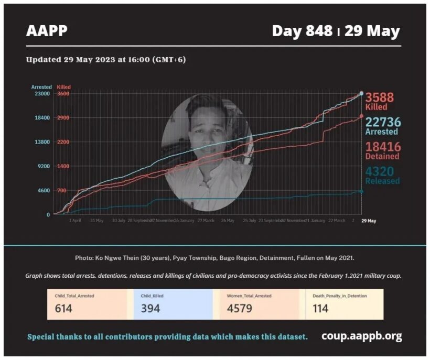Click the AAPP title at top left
47,31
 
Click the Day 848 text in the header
302,31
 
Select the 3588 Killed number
380,97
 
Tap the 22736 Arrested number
383,122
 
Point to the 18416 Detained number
383,147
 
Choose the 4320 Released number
380,171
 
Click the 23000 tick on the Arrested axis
42,93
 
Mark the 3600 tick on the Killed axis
63,93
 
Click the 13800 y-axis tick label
42,142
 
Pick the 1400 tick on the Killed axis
63,166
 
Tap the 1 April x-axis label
75,221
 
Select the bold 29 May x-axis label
369,221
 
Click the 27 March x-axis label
206,221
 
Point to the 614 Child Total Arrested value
63,308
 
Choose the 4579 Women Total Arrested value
240,308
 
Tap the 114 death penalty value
320,308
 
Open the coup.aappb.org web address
361,336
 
